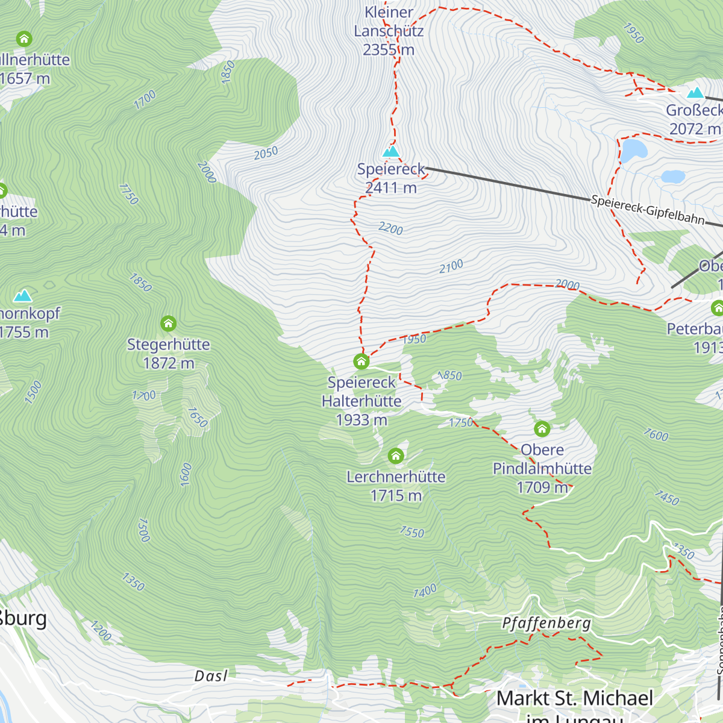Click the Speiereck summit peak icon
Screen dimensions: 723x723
click(x=391, y=151)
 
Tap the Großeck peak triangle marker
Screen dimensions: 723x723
click(x=696, y=93)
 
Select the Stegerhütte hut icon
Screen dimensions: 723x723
click(x=169, y=324)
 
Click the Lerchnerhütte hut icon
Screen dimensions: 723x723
click(x=396, y=455)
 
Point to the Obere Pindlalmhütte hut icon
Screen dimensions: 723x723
click(x=542, y=428)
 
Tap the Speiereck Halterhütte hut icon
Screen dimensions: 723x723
click(x=361, y=361)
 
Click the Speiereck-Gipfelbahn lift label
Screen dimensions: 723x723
click(x=648, y=210)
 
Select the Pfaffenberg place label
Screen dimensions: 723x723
click(x=546, y=623)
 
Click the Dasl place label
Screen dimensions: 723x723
click(x=211, y=676)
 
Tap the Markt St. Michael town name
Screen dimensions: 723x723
click(x=575, y=698)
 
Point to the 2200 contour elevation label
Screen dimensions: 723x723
click(x=390, y=228)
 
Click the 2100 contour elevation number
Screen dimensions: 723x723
click(x=451, y=266)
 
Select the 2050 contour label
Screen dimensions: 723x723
click(x=266, y=153)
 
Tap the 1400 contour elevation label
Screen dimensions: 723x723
click(x=425, y=591)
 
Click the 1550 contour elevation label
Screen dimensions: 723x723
click(x=412, y=531)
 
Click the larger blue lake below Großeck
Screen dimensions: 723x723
click(x=634, y=151)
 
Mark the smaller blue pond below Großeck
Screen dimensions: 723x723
click(x=673, y=177)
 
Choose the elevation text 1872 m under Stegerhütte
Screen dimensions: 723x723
click(x=169, y=363)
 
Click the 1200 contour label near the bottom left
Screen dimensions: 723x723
click(x=101, y=631)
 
